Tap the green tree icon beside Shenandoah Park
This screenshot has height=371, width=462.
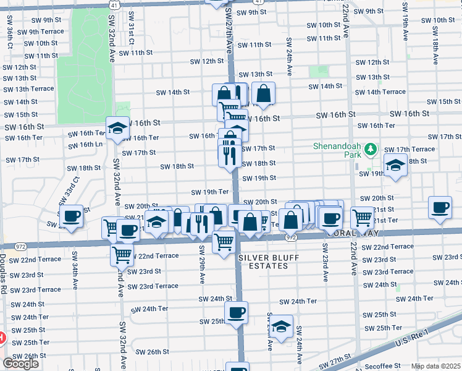tap(371, 149)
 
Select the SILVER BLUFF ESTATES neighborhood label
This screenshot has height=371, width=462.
tap(264, 261)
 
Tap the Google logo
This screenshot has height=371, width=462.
tap(20, 364)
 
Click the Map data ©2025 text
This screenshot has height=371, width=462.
tap(435, 366)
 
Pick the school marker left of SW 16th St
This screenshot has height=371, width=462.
tap(117, 128)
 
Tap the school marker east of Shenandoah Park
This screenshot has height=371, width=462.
tap(395, 164)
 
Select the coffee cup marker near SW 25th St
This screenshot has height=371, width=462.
tap(236, 312)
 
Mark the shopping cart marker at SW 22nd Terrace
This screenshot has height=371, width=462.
tap(122, 253)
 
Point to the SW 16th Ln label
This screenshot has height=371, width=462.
tap(85, 145)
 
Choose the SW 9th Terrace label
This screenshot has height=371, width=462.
tap(40, 32)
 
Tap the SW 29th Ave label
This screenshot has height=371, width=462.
tap(202, 264)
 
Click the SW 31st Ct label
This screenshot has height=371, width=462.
tap(131, 34)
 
